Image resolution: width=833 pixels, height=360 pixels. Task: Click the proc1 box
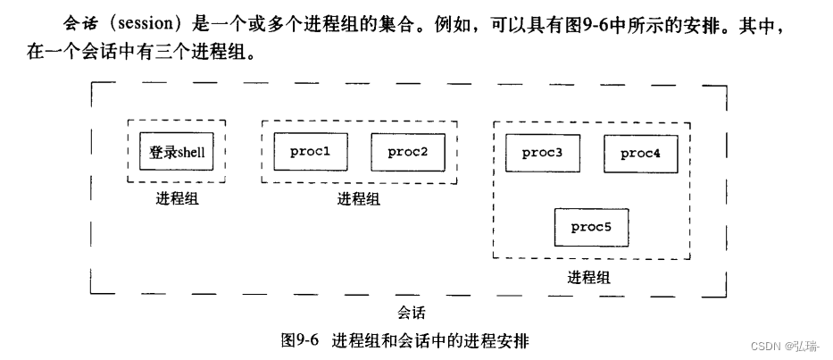[x=311, y=152]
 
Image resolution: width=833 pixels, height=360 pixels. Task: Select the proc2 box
[x=408, y=152]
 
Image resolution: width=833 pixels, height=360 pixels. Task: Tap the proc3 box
[x=542, y=154]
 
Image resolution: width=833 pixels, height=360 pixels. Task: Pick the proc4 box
[x=640, y=154]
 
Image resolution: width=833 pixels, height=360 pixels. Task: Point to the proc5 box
[x=591, y=227]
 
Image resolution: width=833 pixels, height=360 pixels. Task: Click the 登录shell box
[x=177, y=152]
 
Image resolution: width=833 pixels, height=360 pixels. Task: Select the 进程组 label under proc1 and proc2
[x=359, y=199]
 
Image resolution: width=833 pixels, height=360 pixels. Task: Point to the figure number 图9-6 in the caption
[x=300, y=340]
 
